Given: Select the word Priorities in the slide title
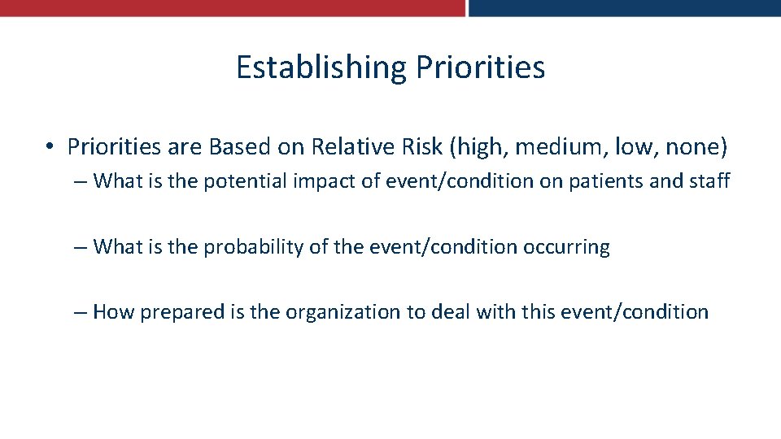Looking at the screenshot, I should pyautogui.click(x=480, y=67).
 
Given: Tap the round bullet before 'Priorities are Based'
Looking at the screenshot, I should pyautogui.click(x=50, y=147).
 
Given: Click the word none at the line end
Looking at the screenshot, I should pyautogui.click(x=696, y=146).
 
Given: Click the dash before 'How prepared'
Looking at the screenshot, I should pyautogui.click(x=80, y=312).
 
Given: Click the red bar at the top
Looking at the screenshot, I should pyautogui.click(x=232, y=7).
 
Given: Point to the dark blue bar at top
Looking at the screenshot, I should pyautogui.click(x=625, y=7).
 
